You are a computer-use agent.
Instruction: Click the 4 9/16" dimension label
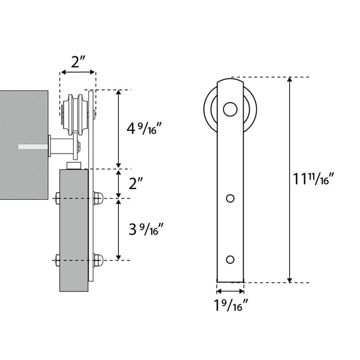pos(143,130)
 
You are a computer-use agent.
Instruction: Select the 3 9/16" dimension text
pos(143,229)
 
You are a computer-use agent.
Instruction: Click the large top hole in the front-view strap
pos(230,109)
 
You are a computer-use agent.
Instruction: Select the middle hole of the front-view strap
pos(230,198)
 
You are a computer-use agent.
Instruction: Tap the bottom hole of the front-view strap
pos(230,259)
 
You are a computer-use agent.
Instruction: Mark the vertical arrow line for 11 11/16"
pos(290,179)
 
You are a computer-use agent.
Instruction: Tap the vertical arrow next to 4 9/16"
pos(119,129)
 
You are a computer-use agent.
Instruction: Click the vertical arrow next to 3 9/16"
pos(119,229)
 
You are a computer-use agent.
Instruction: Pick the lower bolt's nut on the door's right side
pos(98,260)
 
